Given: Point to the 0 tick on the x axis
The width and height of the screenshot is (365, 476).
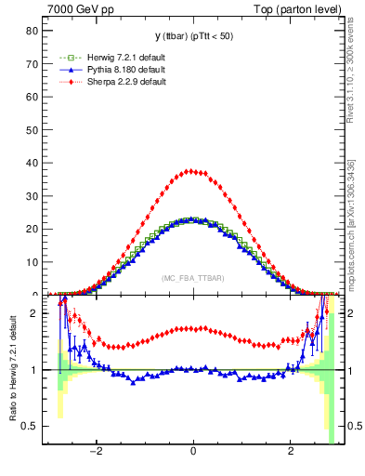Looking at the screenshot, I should click(x=193, y=453).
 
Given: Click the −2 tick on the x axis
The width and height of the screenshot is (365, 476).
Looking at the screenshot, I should click(x=96, y=453).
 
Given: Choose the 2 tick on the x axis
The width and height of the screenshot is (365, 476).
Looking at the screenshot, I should click(x=291, y=453).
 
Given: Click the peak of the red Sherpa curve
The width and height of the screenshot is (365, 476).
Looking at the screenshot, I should click(x=192, y=171).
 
